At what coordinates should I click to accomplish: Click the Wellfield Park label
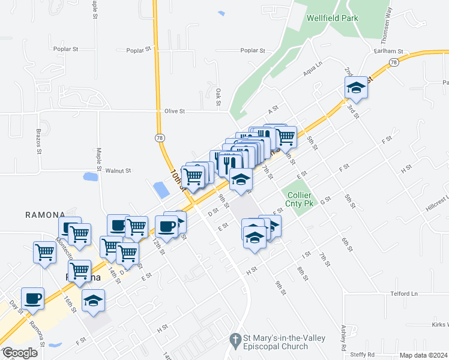pos(332,18)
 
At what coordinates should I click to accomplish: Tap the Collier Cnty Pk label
pos(300,200)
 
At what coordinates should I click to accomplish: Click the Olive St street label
pos(175,111)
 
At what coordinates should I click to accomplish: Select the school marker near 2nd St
pos(356,89)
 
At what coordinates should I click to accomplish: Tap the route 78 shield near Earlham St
pos(394,62)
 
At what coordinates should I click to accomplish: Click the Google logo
pos(19,353)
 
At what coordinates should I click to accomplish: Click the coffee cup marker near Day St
pos(32,299)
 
